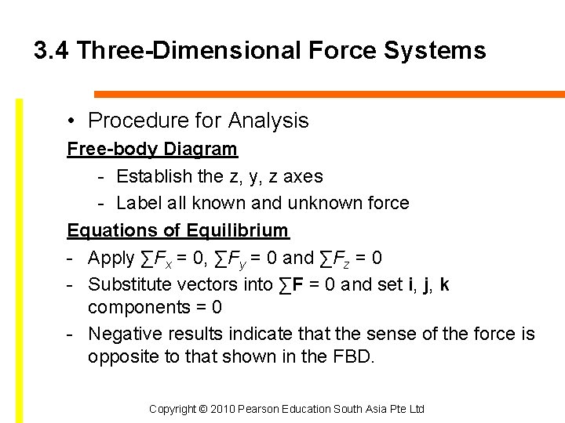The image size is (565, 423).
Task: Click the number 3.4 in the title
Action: [52, 52]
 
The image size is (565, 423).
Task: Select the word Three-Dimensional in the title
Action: [188, 52]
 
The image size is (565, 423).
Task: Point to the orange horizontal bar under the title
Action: [330, 94]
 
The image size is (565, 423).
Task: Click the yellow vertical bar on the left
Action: [20, 258]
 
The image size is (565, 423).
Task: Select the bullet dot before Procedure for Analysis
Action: [71, 121]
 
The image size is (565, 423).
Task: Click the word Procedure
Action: [129, 121]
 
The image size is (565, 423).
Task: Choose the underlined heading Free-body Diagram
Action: [152, 149]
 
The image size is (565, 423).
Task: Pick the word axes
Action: [303, 176]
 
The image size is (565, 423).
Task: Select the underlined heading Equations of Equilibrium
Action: [178, 230]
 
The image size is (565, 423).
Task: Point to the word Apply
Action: [111, 258]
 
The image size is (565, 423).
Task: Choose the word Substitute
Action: [129, 284]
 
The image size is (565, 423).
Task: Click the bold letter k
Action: [445, 284]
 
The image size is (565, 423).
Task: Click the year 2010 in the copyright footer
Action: [222, 409]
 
